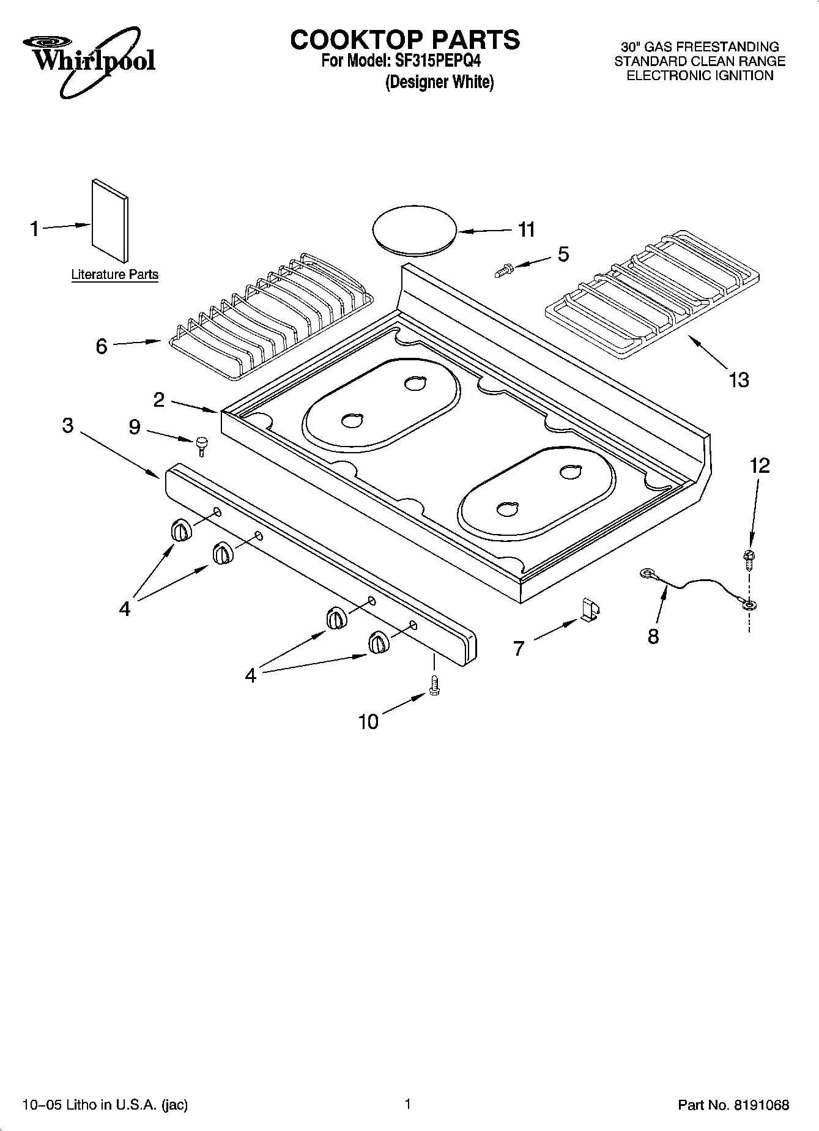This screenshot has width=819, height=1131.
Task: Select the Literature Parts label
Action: point(114,275)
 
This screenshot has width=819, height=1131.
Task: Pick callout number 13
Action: point(739,380)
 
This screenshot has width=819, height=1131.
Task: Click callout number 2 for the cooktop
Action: point(159,400)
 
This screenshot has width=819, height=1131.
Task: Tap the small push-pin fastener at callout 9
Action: point(201,445)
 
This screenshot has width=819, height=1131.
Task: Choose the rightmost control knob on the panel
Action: point(378,643)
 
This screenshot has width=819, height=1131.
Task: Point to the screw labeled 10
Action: point(435,684)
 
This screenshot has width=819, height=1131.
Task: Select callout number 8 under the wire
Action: point(653,636)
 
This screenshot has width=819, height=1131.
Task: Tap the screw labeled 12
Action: point(747,557)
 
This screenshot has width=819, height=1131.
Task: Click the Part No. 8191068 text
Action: point(733,1105)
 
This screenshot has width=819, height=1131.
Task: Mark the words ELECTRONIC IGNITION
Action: point(700,76)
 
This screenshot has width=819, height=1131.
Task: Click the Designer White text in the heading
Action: point(439,82)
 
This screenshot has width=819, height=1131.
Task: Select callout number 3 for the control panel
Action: point(68,425)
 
